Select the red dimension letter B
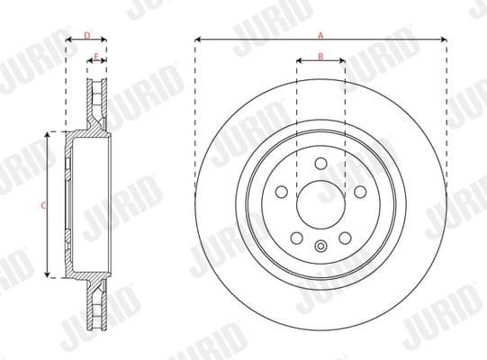tap(320, 57)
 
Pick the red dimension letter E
tap(96, 56)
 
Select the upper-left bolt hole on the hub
tap(282, 192)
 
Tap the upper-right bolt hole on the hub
tap(359, 192)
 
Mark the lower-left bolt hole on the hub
tap(296, 237)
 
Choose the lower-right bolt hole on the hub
tap(345, 237)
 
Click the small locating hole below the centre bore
tap(320, 247)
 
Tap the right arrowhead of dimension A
tap(445, 40)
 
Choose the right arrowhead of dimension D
tap(104, 40)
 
